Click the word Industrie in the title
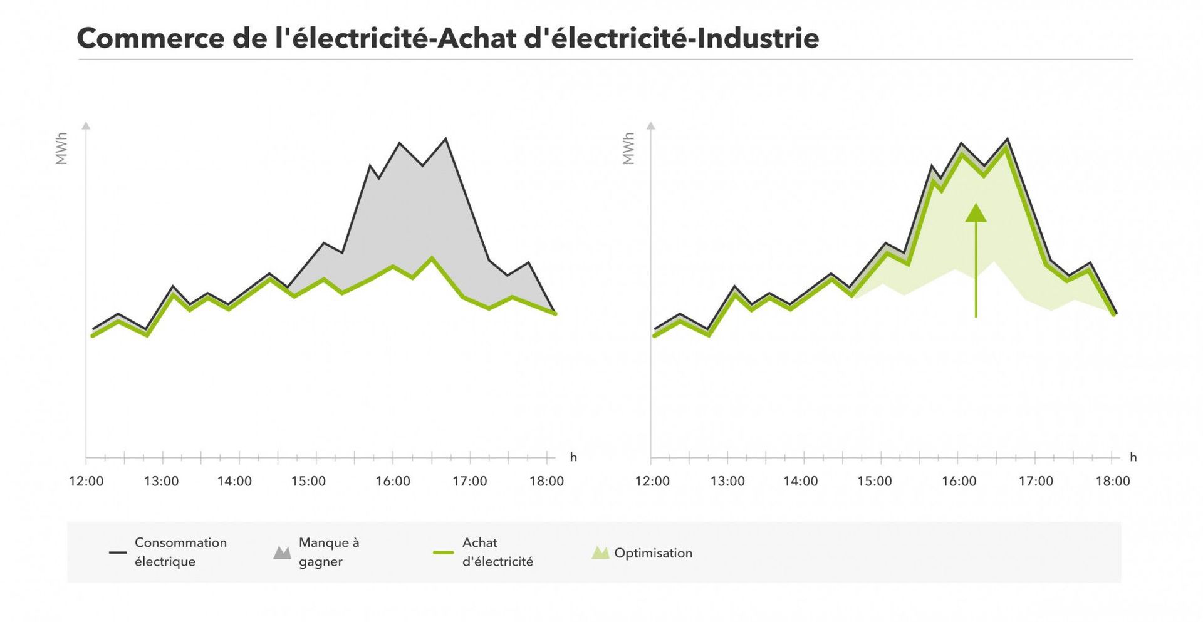click(758, 38)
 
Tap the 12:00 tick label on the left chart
click(86, 481)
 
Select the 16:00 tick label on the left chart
click(393, 481)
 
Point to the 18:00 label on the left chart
click(546, 481)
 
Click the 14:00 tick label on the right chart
click(800, 481)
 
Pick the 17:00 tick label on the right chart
click(1036, 481)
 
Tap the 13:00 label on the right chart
click(727, 481)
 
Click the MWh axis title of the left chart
click(61, 148)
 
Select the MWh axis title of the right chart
click(628, 148)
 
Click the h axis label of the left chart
click(573, 457)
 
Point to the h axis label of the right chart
click(1133, 457)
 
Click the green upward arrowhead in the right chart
click(976, 214)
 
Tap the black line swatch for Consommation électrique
click(118, 552)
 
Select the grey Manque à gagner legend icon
click(283, 552)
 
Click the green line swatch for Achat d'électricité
click(443, 552)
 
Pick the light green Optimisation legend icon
click(600, 552)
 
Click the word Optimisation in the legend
click(653, 553)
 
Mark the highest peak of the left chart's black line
click(445, 139)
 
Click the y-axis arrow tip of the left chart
click(86, 125)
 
